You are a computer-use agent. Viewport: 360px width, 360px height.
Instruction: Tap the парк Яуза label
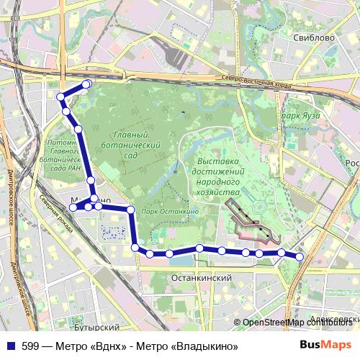point(301,115)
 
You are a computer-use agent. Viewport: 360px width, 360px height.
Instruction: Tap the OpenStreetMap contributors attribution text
point(299,323)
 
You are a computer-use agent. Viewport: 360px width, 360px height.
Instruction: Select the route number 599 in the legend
point(31,345)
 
